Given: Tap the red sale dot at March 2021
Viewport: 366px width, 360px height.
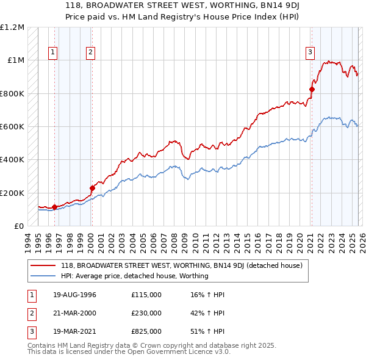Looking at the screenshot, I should coord(312,89).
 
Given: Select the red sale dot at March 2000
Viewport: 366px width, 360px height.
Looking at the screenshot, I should coord(92,188).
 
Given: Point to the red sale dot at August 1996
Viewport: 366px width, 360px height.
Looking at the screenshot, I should coord(55,207).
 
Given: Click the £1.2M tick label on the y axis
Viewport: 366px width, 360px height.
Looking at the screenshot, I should coord(12,27).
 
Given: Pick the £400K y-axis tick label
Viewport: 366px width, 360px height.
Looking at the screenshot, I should coord(12,160).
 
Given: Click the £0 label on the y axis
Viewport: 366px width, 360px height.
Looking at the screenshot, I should coord(19,226).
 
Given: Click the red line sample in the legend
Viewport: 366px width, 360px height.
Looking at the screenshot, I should coord(43,265).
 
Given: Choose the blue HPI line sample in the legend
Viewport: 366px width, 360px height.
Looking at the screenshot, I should coord(43,276).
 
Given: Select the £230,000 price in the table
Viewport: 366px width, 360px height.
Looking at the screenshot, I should coord(146,313).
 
